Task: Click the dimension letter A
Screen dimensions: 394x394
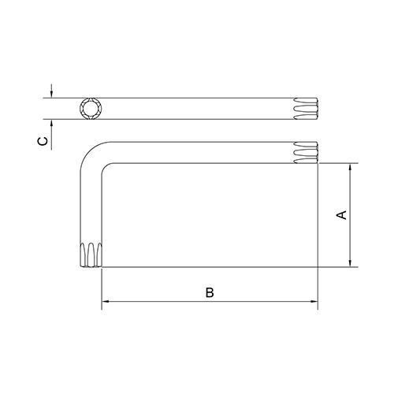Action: tap(341, 215)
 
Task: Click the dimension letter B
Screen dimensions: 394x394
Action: tap(210, 292)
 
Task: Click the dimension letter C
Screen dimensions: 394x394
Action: tap(43, 141)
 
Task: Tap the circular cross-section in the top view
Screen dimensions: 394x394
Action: tap(91, 109)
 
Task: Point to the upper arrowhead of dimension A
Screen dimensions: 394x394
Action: tap(350, 167)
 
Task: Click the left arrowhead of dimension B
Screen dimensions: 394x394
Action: tap(106, 301)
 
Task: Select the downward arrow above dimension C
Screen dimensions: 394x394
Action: tap(51, 91)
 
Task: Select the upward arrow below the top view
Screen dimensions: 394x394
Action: tap(51, 135)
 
